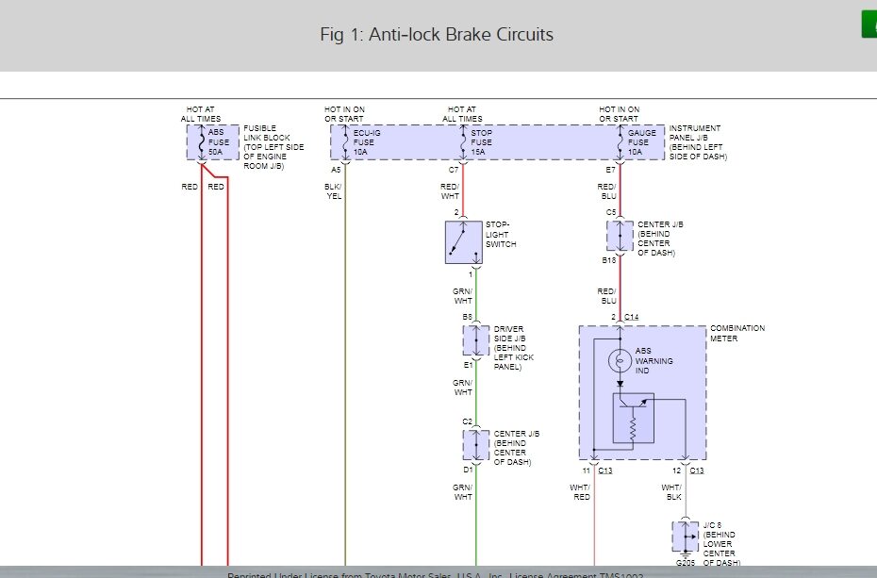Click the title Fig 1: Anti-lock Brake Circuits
pos(437,35)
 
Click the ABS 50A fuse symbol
pos(201,142)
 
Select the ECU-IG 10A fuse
pos(345,142)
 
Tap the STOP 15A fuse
pos(462,142)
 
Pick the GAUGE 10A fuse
pos(620,142)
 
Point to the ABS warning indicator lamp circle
pos(620,360)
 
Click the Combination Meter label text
pos(737,334)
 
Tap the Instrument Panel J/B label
pos(695,142)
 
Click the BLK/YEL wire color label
pos(334,191)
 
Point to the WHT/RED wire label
pos(579,491)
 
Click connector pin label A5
pos(335,169)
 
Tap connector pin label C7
pos(453,169)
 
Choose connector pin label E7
pos(610,169)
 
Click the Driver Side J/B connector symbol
pos(476,341)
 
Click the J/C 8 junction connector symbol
pos(685,537)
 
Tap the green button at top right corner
pos(869,25)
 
